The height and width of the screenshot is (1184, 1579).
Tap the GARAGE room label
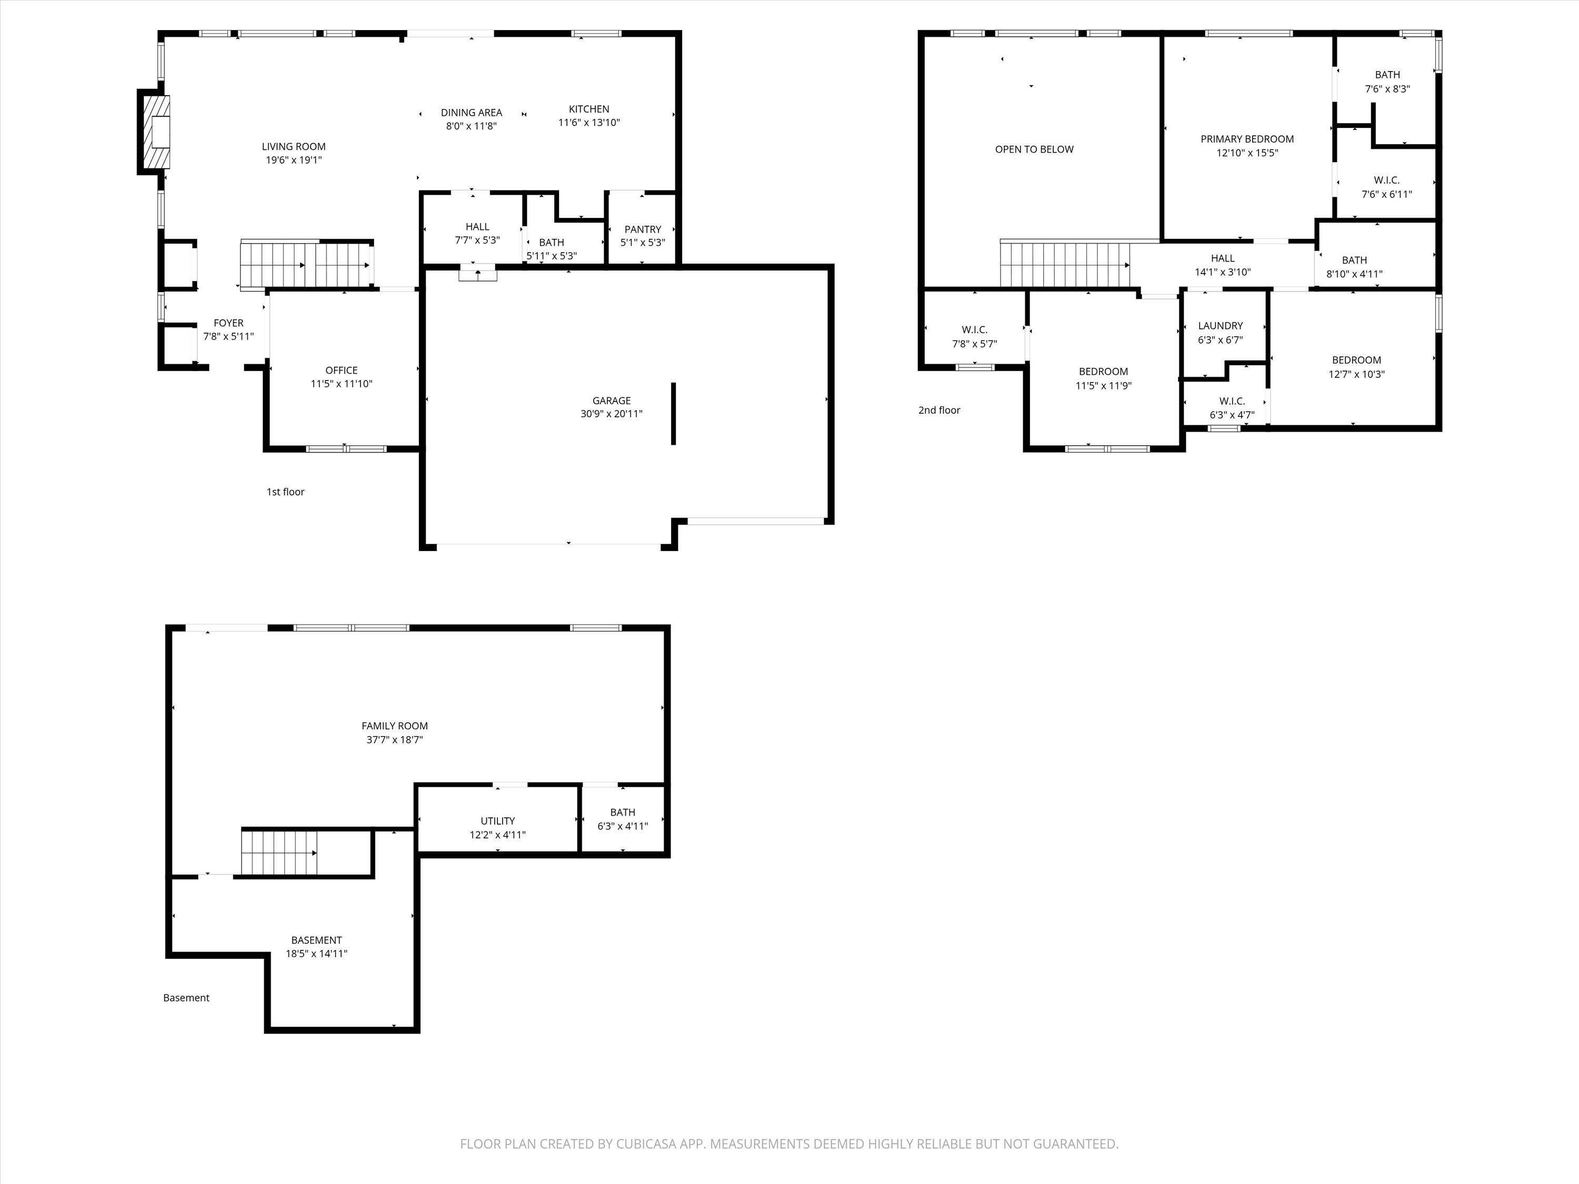(612, 400)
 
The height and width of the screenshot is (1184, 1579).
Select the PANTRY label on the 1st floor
(643, 229)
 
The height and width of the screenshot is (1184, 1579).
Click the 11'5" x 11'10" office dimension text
(341, 383)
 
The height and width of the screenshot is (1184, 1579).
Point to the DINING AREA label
(471, 112)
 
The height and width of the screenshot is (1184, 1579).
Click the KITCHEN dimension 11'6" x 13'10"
(589, 122)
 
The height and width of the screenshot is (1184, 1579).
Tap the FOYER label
(228, 323)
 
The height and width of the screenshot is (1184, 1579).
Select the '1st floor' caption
(285, 491)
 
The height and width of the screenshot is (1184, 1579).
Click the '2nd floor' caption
(940, 410)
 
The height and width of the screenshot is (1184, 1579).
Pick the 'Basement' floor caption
(186, 998)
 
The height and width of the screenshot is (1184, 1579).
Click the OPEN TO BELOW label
(1034, 149)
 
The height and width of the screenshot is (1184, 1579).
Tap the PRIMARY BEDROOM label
(1247, 139)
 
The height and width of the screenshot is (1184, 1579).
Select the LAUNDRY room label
(1221, 325)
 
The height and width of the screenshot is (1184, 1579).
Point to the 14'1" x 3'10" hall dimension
(1223, 272)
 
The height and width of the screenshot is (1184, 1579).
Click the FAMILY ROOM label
(395, 726)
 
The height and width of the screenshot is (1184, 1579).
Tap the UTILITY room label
(497, 821)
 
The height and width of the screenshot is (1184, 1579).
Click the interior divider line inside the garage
(673, 414)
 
